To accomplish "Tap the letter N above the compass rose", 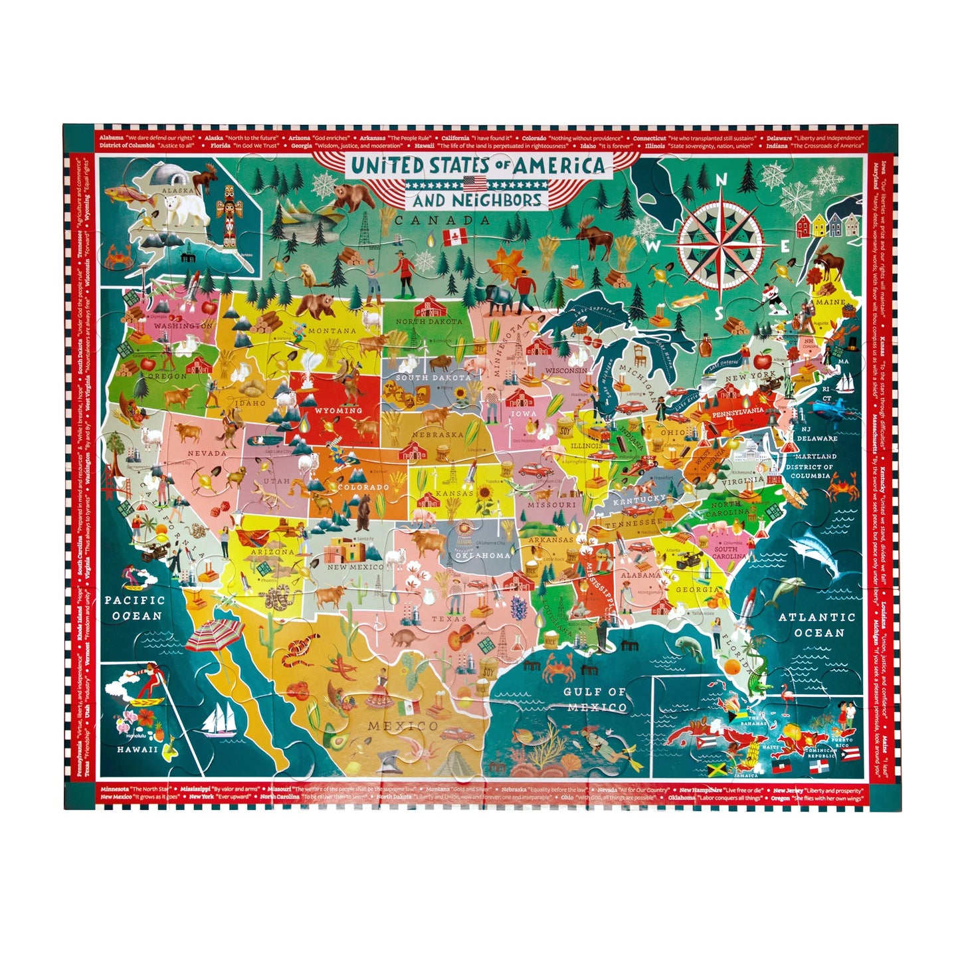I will coord(721,180).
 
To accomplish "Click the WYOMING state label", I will coord(338,411).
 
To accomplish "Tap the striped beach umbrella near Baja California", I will coord(214,634).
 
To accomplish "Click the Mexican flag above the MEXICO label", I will coord(411,705).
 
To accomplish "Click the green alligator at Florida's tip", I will coord(759,679).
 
